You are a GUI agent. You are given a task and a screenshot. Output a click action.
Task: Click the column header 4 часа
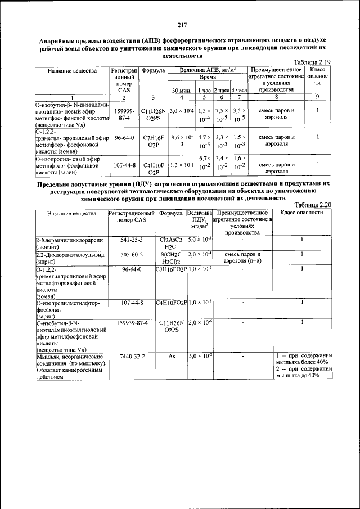[239, 90]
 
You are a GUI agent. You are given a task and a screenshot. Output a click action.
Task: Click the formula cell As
[172, 356]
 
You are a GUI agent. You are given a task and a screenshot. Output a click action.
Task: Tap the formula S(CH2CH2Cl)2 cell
[172, 257]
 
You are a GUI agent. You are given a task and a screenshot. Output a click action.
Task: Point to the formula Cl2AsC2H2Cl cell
[172, 243]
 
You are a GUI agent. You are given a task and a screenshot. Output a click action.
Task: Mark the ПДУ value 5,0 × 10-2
[200, 356]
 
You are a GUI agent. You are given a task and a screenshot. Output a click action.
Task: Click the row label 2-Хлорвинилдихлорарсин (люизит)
[70, 243]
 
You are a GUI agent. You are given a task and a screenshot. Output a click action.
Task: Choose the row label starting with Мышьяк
[70, 366]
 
